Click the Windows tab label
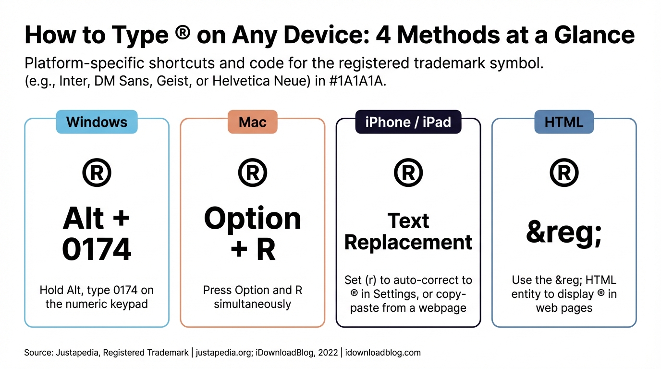click(97, 122)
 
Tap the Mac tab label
click(252, 122)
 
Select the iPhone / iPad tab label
click(408, 122)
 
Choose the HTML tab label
click(564, 122)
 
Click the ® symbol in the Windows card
click(97, 173)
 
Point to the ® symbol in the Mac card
click(252, 173)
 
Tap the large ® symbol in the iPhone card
click(408, 173)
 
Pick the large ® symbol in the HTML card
click(564, 173)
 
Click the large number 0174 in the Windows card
click(97, 249)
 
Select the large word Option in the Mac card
click(252, 219)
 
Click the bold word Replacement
click(408, 242)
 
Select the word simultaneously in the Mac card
click(252, 304)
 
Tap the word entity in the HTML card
click(526, 294)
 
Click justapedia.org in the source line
click(226, 353)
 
